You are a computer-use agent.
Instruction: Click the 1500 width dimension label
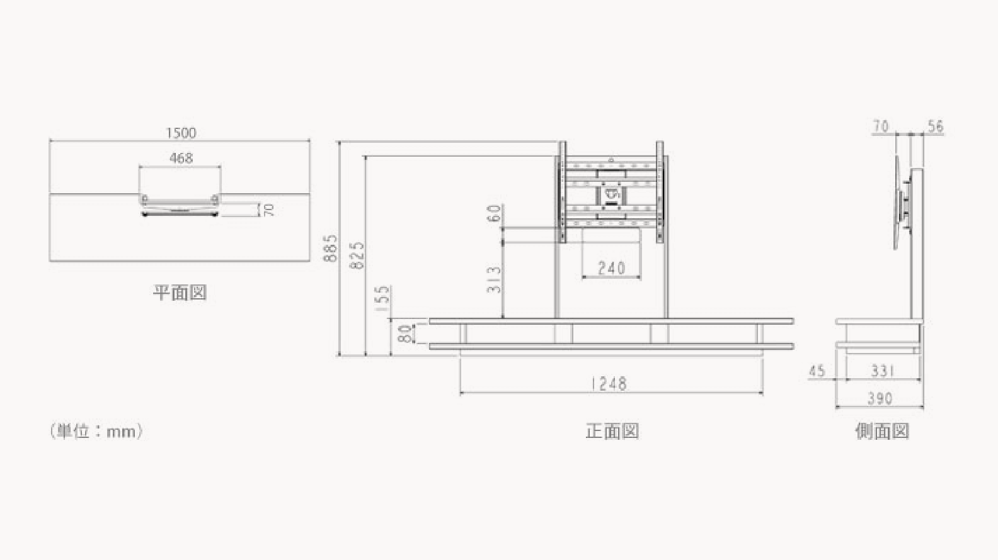(x=181, y=133)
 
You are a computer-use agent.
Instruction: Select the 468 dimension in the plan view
(x=181, y=158)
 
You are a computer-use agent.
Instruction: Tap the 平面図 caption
(x=180, y=292)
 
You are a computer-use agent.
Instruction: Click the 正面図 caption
(x=612, y=431)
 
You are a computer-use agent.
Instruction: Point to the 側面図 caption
(x=881, y=431)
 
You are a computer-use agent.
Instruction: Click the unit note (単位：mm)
(x=96, y=431)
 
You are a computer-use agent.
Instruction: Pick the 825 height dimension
(x=357, y=255)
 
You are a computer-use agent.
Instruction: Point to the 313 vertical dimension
(x=495, y=279)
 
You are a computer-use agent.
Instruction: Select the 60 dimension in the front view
(x=495, y=213)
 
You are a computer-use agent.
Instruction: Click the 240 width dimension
(x=611, y=268)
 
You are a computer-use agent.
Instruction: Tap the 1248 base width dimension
(x=609, y=383)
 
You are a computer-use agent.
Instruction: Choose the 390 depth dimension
(x=880, y=398)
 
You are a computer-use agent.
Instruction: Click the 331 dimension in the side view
(x=883, y=371)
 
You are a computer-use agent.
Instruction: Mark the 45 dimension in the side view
(x=817, y=371)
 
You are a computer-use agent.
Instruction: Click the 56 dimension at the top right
(x=936, y=126)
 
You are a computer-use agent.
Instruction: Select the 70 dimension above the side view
(x=881, y=126)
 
